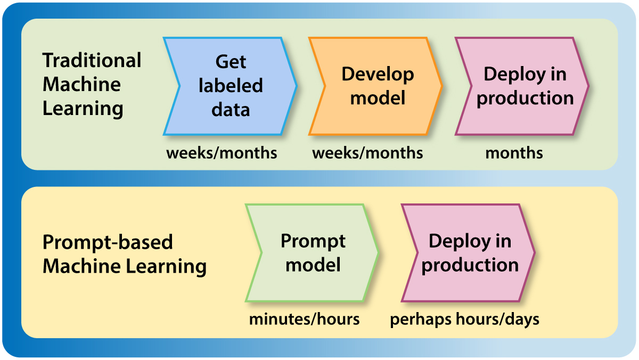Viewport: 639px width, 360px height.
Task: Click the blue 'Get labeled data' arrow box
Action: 230,86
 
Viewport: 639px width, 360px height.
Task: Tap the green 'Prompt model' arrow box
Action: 312,253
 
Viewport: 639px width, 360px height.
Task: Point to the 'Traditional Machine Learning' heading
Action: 92,84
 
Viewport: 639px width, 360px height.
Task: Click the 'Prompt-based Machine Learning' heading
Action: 124,254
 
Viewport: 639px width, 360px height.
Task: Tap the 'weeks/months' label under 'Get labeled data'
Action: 222,153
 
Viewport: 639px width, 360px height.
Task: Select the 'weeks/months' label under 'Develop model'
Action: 367,153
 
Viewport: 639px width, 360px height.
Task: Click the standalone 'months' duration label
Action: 514,153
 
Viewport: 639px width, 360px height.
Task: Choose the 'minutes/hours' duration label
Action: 304,320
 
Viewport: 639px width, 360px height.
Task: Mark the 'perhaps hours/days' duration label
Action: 464,320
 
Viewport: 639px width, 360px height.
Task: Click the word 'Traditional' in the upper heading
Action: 92,60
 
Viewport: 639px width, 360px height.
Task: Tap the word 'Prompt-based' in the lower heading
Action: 108,242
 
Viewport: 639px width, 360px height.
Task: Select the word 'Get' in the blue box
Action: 231,62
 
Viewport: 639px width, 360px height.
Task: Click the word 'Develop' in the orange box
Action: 378,74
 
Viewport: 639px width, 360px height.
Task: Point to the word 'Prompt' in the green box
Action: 313,241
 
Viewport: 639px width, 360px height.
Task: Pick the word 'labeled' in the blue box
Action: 231,86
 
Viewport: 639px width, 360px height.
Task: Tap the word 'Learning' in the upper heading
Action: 83,109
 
